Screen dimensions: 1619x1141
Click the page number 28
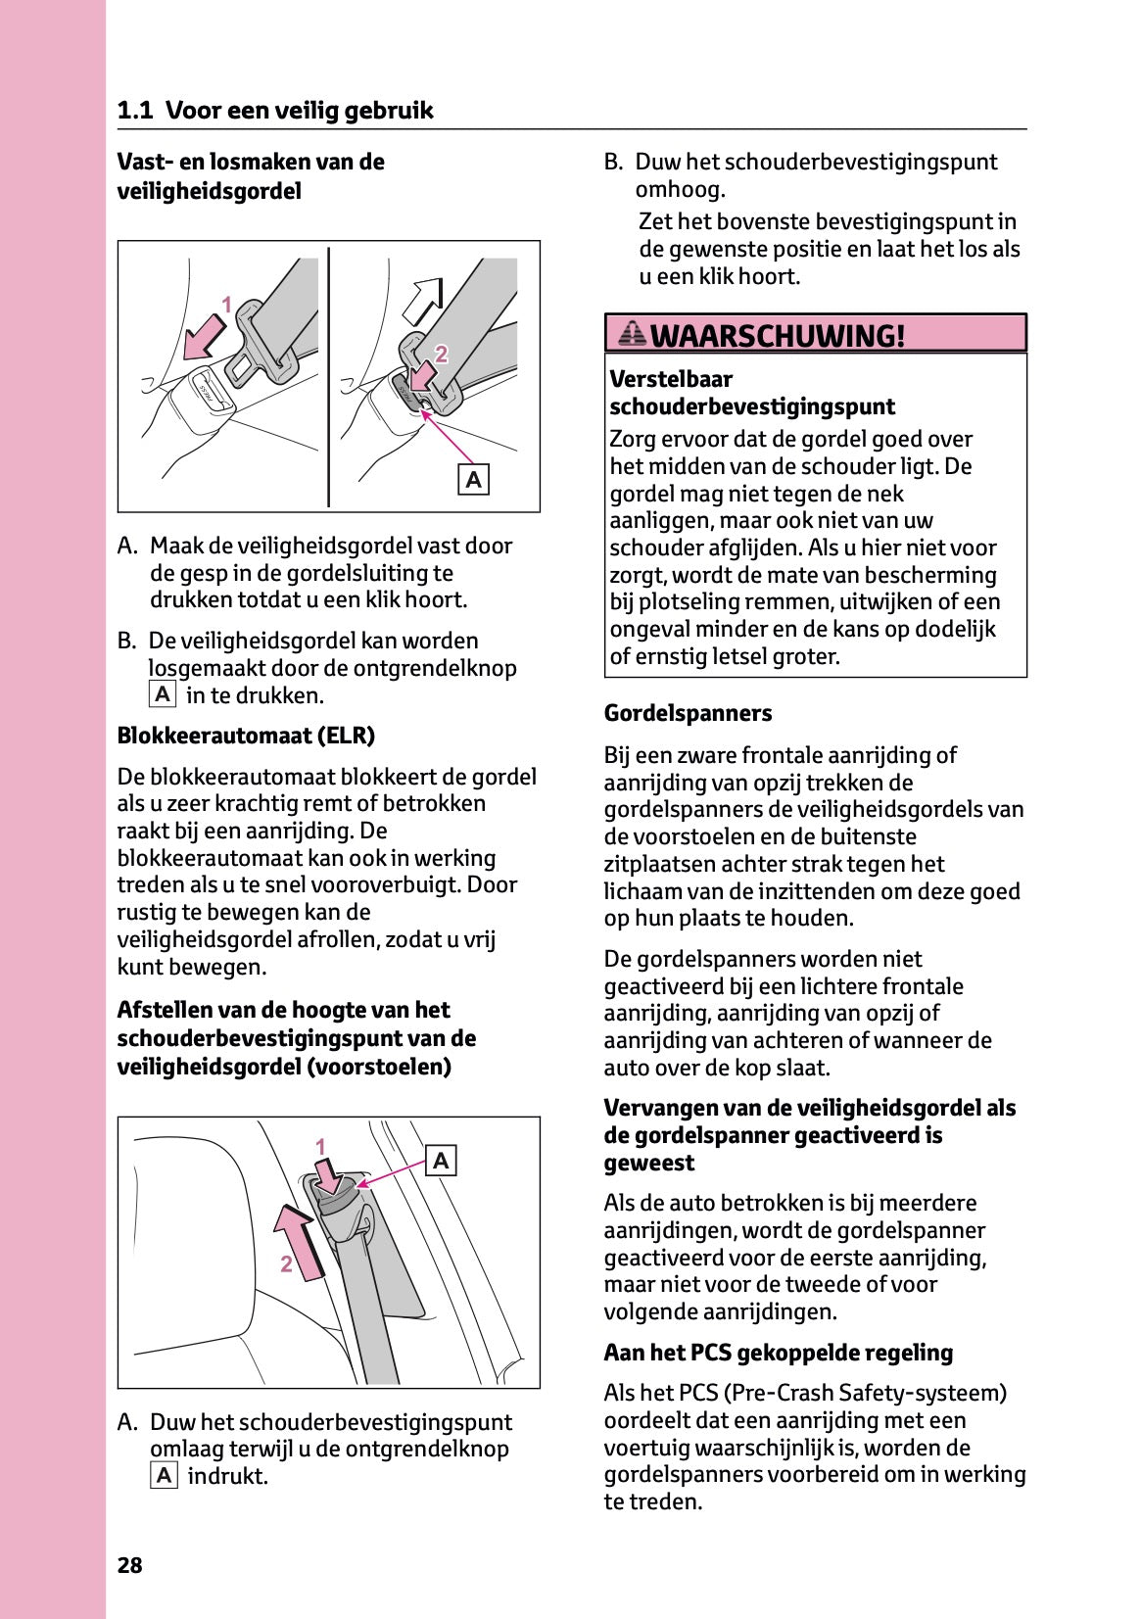(129, 1565)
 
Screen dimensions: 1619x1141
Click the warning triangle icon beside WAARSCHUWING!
(633, 335)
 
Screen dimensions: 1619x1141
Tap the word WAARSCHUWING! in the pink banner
(778, 336)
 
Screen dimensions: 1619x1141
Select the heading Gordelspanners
(688, 713)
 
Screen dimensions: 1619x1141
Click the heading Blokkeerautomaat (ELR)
(246, 736)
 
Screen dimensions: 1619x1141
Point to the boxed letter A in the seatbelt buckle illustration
(474, 480)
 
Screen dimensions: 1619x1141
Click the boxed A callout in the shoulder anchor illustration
(441, 1161)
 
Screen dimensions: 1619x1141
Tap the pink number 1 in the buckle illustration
(226, 305)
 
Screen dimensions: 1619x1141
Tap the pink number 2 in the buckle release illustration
(441, 354)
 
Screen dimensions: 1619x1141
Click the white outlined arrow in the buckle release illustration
(424, 301)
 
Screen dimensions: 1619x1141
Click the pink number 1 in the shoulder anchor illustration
(320, 1147)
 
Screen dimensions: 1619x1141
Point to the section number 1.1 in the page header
(135, 111)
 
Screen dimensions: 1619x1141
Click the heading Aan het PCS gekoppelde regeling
(778, 1353)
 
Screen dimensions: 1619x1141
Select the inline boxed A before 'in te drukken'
(163, 695)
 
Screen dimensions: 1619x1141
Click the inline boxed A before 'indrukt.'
(164, 1476)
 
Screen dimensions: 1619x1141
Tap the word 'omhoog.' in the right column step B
(680, 189)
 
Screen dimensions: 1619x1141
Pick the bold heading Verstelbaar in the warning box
(671, 379)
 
